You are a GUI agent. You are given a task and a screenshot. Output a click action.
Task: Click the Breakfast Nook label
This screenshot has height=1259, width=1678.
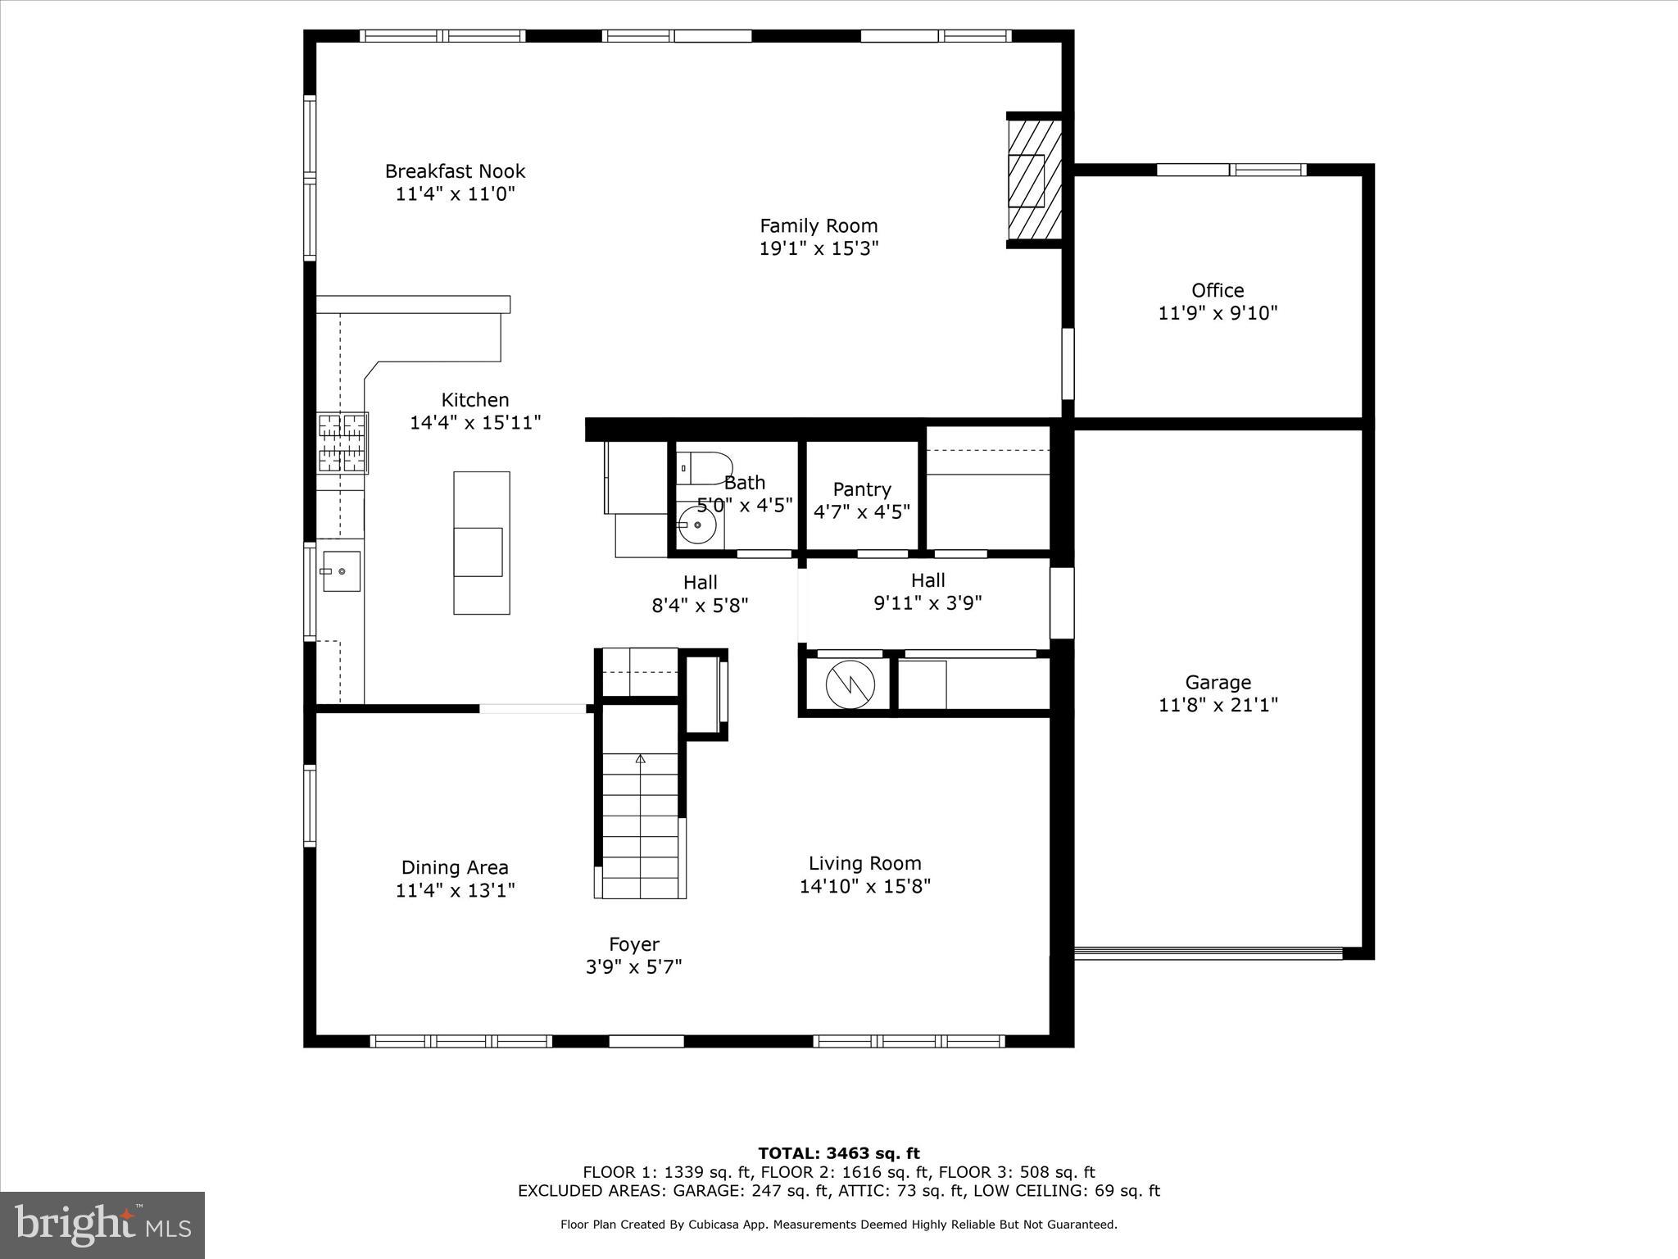pos(455,171)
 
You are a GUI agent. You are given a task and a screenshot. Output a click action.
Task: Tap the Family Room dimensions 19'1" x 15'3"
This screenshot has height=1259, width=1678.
pos(819,248)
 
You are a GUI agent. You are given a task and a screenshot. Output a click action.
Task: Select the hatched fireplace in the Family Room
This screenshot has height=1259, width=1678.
pos(1034,180)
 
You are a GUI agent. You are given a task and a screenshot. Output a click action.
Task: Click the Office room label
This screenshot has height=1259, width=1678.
pos(1218,290)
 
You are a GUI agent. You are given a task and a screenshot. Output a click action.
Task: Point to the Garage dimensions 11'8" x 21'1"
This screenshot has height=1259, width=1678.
pos(1218,705)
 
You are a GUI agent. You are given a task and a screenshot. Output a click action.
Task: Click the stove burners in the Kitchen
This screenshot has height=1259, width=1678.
pos(342,443)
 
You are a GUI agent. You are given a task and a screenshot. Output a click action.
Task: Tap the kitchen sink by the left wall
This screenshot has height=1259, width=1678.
pos(341,571)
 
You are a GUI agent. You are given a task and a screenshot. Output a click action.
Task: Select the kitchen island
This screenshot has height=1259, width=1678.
pos(482,542)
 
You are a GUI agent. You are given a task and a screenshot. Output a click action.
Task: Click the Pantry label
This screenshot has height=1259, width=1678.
pos(861,489)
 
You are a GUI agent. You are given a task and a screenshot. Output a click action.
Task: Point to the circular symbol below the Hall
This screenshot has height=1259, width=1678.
pos(850,683)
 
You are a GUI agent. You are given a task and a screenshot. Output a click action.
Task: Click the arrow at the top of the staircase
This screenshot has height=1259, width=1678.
pos(640,759)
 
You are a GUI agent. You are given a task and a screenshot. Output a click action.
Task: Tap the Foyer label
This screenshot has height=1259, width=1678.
pos(633,944)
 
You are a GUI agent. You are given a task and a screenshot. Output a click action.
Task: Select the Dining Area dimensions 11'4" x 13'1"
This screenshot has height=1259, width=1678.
pos(455,890)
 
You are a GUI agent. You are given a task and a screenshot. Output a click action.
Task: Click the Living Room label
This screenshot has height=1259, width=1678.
pos(864,863)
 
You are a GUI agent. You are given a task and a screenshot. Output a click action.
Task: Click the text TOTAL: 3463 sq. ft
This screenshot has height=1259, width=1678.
pos(838,1154)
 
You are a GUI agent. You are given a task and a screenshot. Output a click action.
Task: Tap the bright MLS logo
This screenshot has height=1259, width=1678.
pos(102,1225)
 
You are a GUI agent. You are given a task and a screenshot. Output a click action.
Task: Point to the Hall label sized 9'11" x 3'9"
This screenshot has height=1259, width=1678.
pos(927,580)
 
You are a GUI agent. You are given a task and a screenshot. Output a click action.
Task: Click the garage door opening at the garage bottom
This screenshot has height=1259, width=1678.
pos(1209,953)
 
